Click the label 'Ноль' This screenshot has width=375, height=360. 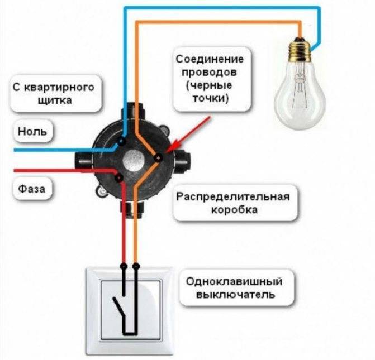(x=32, y=131)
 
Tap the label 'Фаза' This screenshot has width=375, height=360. (x=31, y=189)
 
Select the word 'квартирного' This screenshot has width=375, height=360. (x=59, y=88)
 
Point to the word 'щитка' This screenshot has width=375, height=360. (x=55, y=100)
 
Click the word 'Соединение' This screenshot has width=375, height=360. (x=210, y=59)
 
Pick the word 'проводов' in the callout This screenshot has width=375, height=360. (x=209, y=72)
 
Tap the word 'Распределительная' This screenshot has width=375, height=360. (x=233, y=197)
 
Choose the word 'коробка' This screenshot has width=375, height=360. (x=234, y=210)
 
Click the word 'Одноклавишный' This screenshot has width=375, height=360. (x=234, y=282)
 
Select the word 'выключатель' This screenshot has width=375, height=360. (x=235, y=295)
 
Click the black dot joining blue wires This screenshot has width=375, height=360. (x=122, y=141)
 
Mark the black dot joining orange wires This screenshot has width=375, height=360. (x=158, y=158)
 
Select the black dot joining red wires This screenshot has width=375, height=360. (x=119, y=177)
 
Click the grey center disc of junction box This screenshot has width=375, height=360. (x=134, y=161)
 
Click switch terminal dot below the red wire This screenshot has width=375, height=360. (x=124, y=266)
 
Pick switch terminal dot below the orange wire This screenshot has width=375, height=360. (x=136, y=266)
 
